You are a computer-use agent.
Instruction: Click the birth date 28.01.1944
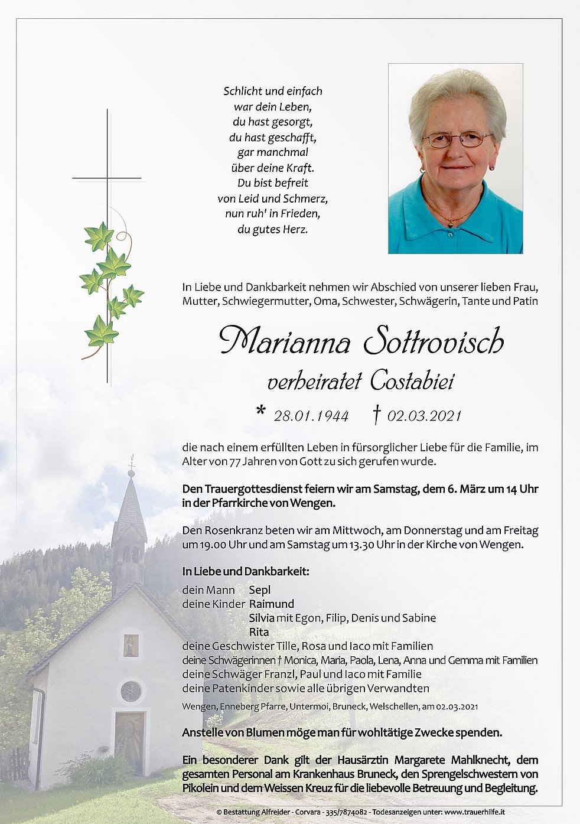(x=311, y=416)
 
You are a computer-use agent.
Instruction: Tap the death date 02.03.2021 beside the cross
(x=424, y=416)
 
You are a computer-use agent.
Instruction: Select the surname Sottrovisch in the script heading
(x=434, y=341)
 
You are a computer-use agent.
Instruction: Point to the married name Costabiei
(x=412, y=382)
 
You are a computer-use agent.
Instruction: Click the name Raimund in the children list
(x=271, y=604)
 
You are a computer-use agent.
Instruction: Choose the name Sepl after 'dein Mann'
(x=259, y=589)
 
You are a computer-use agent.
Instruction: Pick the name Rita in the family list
(x=259, y=632)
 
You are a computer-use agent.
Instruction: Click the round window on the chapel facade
(x=131, y=691)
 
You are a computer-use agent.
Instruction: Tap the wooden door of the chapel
(x=129, y=743)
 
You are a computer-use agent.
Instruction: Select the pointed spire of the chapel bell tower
(x=130, y=502)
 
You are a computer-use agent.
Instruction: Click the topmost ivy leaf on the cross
(x=99, y=237)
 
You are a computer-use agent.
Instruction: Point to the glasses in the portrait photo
(x=456, y=140)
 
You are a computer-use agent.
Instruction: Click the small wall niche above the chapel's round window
(x=131, y=645)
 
